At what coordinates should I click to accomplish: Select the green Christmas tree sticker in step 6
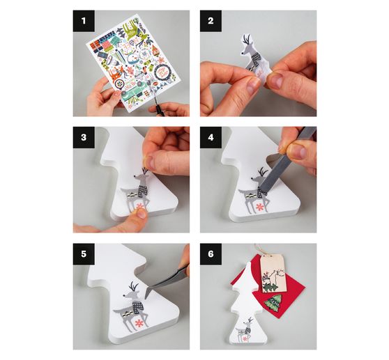click(x=273, y=303)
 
